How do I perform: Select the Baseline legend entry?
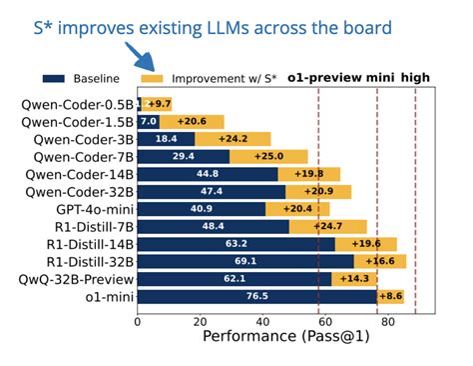pyautogui.click(x=80, y=78)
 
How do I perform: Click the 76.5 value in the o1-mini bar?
pyautogui.click(x=257, y=297)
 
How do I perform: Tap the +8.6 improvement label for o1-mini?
pyautogui.click(x=391, y=297)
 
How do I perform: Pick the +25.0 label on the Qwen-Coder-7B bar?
pyautogui.click(x=268, y=156)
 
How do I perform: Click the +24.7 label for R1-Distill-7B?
pyautogui.click(x=328, y=226)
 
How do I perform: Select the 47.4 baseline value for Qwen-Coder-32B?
pyautogui.click(x=212, y=191)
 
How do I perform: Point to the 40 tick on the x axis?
pyautogui.click(x=261, y=321)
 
